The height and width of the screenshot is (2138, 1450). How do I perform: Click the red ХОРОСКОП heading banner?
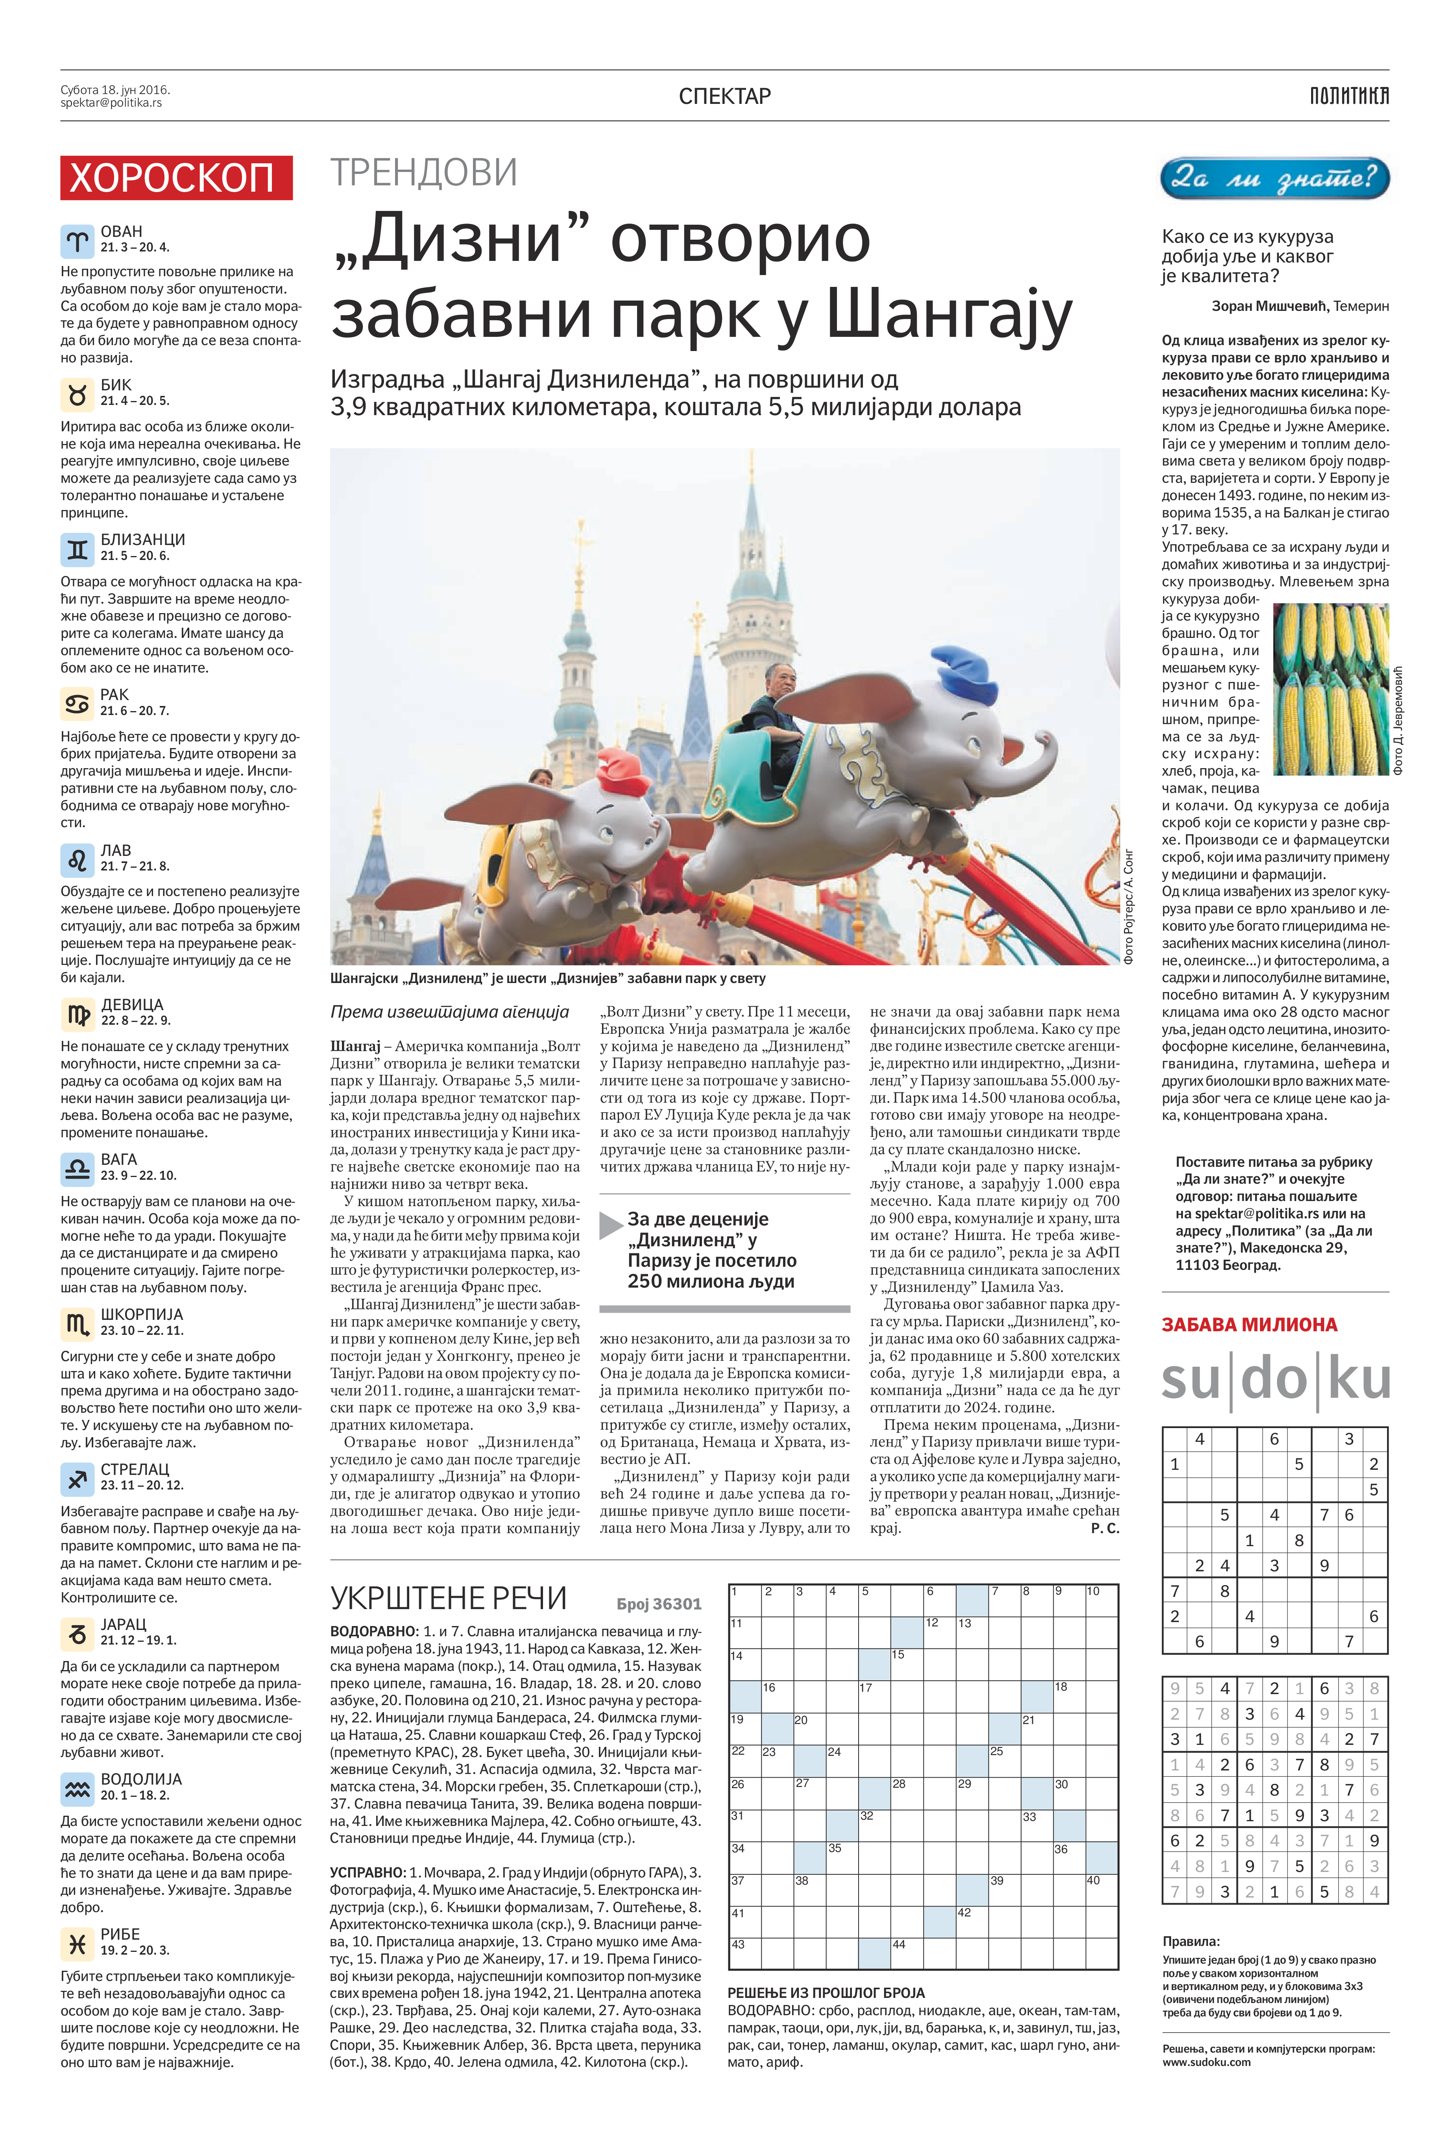tap(176, 177)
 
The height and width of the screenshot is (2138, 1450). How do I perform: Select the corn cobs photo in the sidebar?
tap(1330, 688)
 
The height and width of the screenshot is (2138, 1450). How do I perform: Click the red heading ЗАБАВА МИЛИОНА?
tap(1249, 1325)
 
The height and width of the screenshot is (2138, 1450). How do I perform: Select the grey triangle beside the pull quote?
tap(611, 1225)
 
